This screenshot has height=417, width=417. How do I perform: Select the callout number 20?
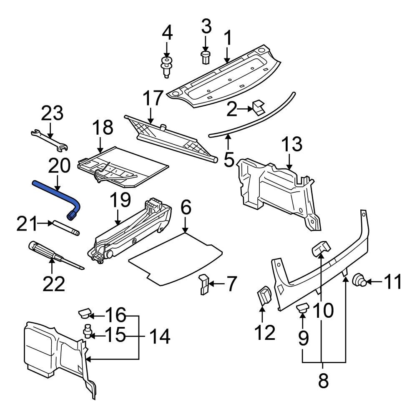point(60,167)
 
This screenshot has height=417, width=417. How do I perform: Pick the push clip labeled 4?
point(167,67)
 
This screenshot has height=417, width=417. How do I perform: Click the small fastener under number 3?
point(205,57)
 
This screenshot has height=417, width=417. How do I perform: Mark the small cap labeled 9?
point(302,309)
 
